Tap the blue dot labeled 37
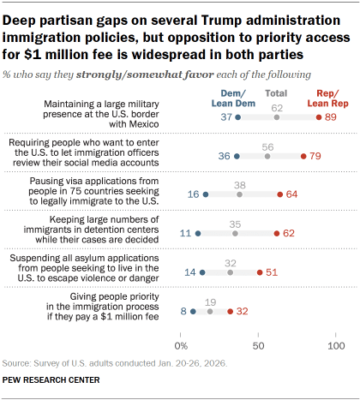coord(238,116)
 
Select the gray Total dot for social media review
coord(268,157)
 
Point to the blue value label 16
coord(192,194)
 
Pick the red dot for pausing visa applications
coord(280,194)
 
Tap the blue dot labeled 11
coord(198,232)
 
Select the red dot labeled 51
coord(260,272)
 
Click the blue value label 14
coord(190,272)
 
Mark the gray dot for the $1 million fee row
coord(210,312)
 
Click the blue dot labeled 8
coord(194,312)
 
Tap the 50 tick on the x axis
coord(259,346)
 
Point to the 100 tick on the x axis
coord(336,346)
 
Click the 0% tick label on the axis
coord(181,346)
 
